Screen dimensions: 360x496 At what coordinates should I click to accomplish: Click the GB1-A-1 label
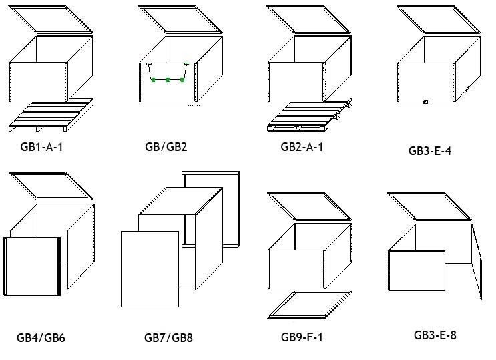tap(41, 146)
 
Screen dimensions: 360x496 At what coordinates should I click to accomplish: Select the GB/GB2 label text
tap(166, 146)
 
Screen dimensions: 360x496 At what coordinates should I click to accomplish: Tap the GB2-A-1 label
tap(302, 146)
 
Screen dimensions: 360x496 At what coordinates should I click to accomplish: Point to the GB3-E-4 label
tap(429, 150)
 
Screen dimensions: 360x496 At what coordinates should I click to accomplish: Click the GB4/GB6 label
tap(41, 337)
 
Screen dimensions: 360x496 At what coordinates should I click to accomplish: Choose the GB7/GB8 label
tap(168, 337)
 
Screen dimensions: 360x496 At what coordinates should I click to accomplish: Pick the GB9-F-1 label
tap(302, 337)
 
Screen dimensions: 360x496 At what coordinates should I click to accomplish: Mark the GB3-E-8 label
tap(435, 335)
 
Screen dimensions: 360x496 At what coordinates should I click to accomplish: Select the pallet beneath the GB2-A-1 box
tap(308, 115)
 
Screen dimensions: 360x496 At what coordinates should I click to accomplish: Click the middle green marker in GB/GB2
tap(168, 80)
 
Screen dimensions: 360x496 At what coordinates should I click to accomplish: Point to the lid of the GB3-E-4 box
tap(439, 19)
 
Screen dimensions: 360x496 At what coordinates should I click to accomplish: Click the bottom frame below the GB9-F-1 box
tap(310, 305)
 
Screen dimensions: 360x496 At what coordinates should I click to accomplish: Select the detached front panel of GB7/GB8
tap(150, 268)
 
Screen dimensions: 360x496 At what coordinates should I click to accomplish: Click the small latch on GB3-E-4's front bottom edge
tap(425, 102)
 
